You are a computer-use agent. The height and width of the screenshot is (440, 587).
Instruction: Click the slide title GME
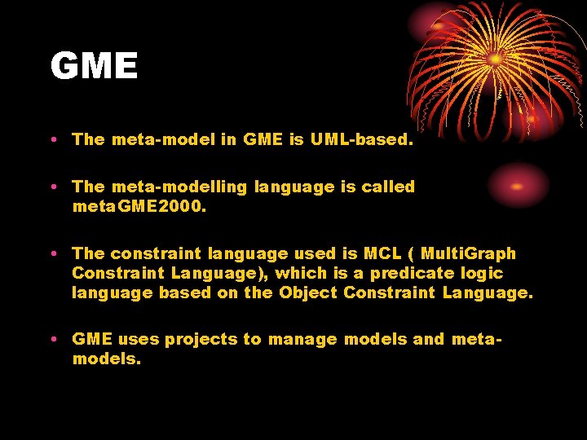coord(94,66)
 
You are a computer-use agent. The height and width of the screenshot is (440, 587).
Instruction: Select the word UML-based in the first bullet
coord(361,139)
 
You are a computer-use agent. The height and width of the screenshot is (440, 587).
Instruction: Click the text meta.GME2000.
coord(139,207)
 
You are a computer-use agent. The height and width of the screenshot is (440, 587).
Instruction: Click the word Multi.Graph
coord(469,253)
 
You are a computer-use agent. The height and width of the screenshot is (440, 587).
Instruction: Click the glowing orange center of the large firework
coord(494,59)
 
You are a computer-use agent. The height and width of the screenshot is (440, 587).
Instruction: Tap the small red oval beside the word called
coord(516,186)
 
